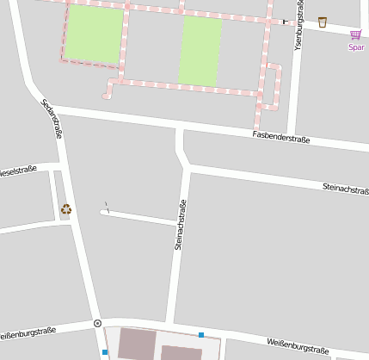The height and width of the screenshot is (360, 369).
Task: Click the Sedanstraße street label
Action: [51, 119]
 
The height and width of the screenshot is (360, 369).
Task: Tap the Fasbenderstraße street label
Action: [280, 137]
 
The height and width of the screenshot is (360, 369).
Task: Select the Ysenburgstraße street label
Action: [299, 26]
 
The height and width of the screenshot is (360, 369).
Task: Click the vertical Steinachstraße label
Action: [180, 225]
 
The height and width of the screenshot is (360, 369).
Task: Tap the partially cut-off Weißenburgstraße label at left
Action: [28, 332]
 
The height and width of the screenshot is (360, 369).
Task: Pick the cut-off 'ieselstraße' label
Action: [18, 171]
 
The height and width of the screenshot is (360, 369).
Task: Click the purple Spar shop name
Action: [356, 47]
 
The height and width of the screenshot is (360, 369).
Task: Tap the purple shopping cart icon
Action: [355, 34]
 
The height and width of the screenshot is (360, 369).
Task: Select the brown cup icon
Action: [322, 22]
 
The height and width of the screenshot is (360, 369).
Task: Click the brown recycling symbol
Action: [66, 208]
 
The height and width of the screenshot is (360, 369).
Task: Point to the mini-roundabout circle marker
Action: [97, 323]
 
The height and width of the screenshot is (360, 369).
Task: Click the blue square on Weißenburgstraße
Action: [201, 335]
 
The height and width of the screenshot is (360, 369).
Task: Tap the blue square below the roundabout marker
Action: [105, 351]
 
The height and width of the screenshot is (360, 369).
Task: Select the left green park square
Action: [94, 34]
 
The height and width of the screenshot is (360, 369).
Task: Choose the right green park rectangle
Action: [200, 51]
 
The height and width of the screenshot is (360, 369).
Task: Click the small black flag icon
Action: [285, 21]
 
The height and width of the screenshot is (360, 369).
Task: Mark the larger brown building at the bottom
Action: [138, 344]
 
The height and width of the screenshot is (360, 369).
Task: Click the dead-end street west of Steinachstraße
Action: [138, 215]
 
